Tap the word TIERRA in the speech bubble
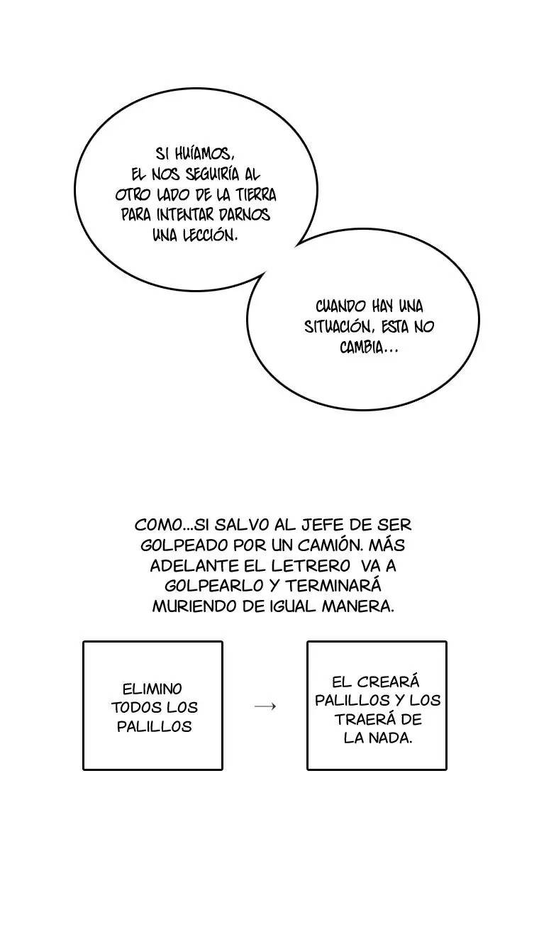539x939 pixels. click(x=255, y=194)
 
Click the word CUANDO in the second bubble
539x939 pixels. click(x=340, y=306)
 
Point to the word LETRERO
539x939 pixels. click(x=311, y=566)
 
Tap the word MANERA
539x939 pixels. click(x=358, y=606)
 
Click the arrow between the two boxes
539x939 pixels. click(x=265, y=706)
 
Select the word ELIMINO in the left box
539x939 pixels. click(x=152, y=689)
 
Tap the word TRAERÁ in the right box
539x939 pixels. click(x=363, y=720)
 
